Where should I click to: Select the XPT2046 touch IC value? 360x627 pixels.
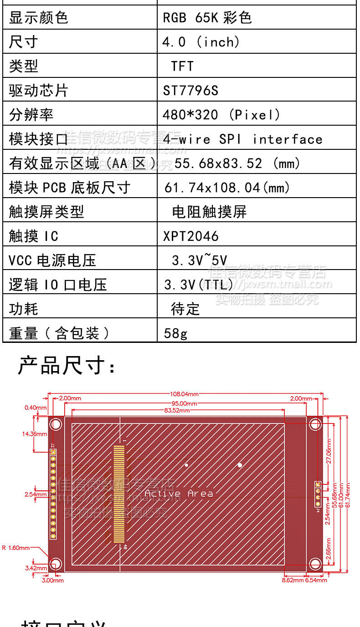(191, 236)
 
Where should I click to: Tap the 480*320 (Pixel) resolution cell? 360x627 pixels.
(221, 115)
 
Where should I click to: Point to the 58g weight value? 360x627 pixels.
(175, 333)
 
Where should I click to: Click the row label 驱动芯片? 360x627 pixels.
(38, 91)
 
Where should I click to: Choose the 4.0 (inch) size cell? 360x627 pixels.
(201, 42)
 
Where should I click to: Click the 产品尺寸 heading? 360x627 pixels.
(67, 366)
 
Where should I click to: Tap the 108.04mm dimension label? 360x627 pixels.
(184, 394)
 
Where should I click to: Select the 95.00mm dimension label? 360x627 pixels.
(184, 403)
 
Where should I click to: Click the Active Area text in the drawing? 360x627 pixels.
(179, 494)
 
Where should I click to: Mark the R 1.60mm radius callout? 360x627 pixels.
(16, 548)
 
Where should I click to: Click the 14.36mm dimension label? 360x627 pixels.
(35, 434)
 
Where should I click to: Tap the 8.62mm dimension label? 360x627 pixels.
(293, 580)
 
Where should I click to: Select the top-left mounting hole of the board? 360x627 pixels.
(56, 424)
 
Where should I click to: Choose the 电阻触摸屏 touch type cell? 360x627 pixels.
(209, 212)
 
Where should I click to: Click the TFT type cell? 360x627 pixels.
(182, 66)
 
